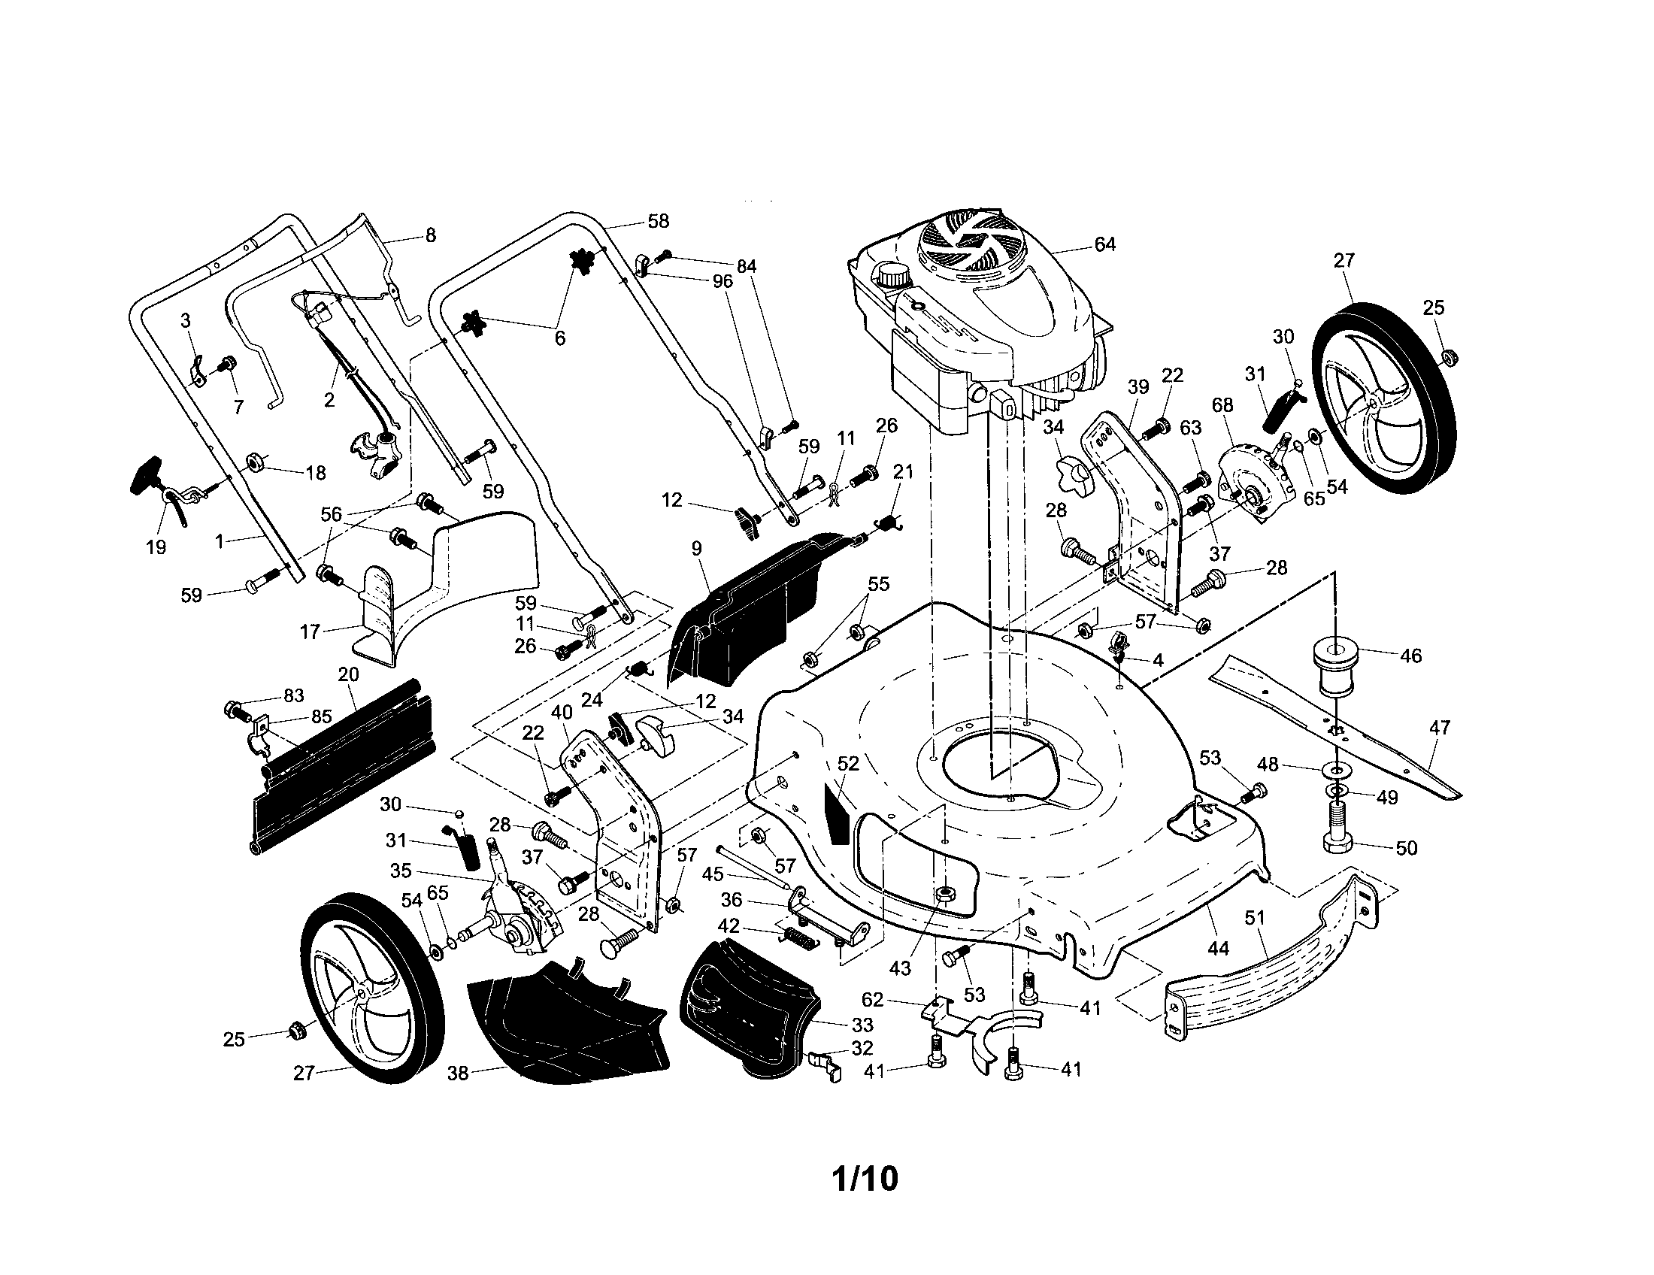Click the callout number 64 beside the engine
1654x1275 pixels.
point(1105,244)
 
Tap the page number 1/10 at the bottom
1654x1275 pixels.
point(865,1179)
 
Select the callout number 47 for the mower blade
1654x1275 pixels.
point(1439,728)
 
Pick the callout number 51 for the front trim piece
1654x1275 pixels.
point(1254,919)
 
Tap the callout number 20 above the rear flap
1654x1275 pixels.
point(348,674)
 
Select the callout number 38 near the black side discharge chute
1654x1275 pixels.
point(458,1073)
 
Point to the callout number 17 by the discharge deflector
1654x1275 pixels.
point(311,631)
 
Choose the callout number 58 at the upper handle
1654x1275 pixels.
point(658,221)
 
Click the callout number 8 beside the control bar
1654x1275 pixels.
point(430,235)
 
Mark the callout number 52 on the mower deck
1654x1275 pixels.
point(848,764)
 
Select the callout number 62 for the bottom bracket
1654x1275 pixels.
point(872,1000)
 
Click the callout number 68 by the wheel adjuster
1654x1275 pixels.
point(1222,405)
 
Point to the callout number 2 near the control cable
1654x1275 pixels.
point(329,401)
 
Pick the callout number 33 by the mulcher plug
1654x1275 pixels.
point(862,1025)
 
